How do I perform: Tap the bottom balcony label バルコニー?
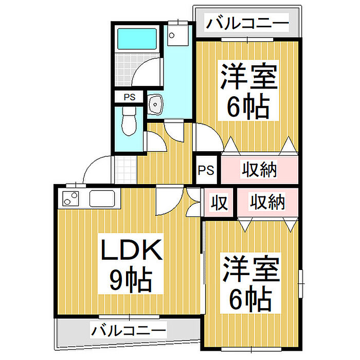(x=129, y=330)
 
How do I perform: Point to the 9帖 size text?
(x=130, y=280)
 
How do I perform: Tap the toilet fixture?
(x=129, y=122)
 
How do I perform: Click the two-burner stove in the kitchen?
(x=71, y=198)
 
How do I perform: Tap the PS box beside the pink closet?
(x=206, y=170)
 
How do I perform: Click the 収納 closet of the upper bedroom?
(x=260, y=170)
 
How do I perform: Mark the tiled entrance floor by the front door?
(x=125, y=169)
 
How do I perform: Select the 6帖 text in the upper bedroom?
(x=249, y=106)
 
